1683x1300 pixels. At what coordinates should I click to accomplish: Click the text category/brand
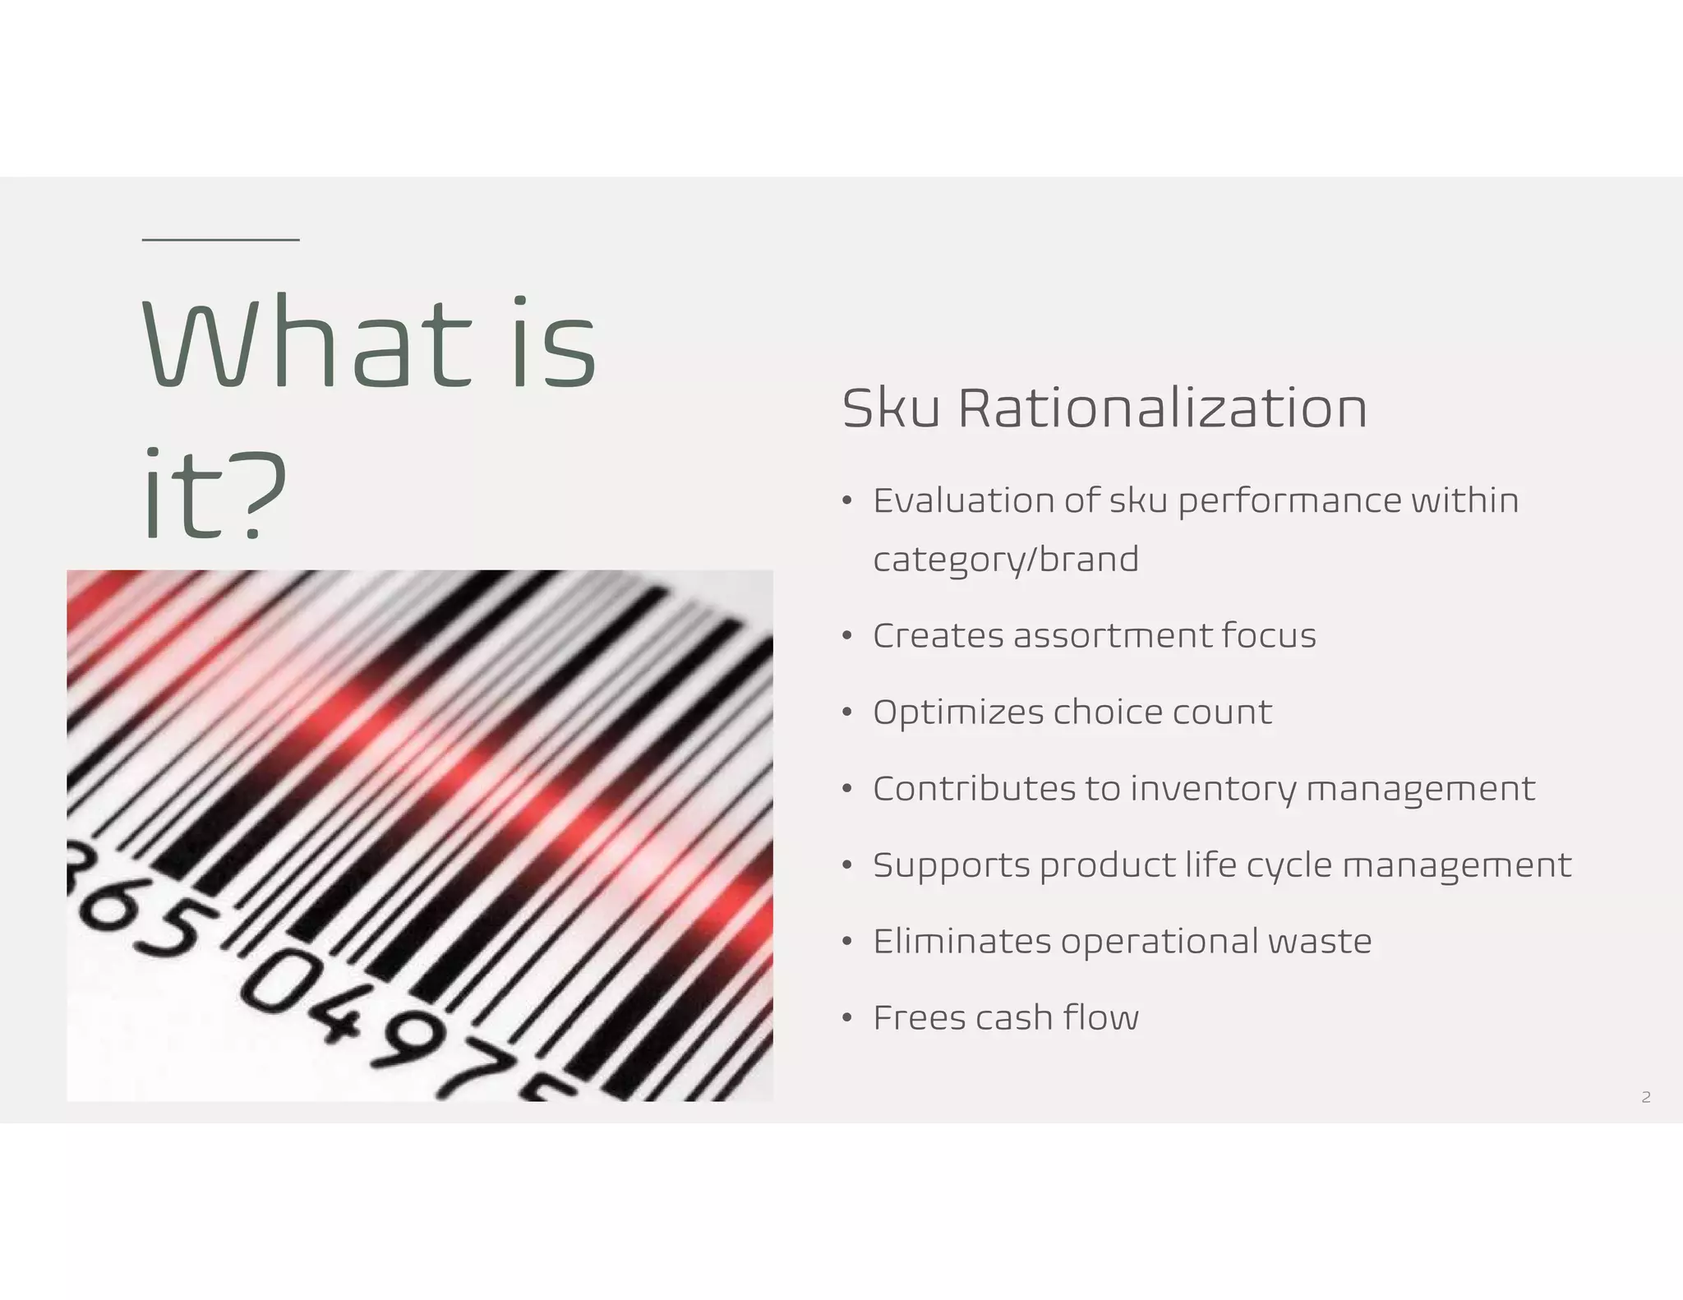pyautogui.click(x=1006, y=560)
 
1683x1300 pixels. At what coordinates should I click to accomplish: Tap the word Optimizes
pyautogui.click(x=957, y=712)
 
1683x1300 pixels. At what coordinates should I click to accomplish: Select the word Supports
pyautogui.click(x=952, y=865)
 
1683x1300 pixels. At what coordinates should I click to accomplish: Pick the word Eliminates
pyautogui.click(x=961, y=942)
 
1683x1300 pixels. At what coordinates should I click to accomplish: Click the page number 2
pyautogui.click(x=1645, y=1097)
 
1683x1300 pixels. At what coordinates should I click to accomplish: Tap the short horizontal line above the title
pyautogui.click(x=220, y=240)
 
